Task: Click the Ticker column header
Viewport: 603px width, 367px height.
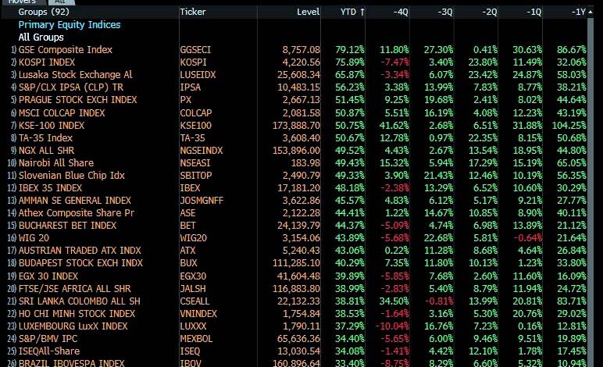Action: click(193, 12)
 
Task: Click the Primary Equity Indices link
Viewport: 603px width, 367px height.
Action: click(70, 24)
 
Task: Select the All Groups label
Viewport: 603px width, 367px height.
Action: click(41, 37)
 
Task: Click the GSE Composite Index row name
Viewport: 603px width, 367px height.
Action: click(66, 49)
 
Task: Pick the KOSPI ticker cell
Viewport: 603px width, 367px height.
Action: click(193, 62)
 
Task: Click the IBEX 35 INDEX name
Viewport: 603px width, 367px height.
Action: click(50, 188)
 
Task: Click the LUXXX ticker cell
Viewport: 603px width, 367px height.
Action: click(193, 326)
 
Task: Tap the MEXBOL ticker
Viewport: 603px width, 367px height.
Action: click(195, 339)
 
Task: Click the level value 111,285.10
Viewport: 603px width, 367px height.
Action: click(294, 263)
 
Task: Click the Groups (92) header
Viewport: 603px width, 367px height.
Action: click(43, 12)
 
